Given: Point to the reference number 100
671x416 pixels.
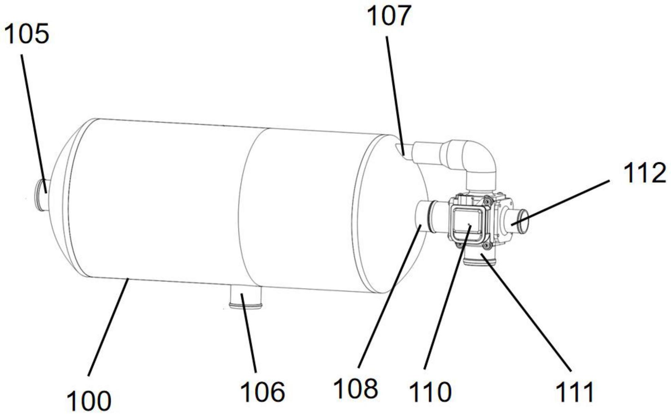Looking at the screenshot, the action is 89,401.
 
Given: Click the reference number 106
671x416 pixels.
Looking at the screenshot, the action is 263,392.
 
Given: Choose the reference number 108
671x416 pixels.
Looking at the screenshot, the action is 356,389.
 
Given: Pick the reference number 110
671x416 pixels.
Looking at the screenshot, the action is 430,392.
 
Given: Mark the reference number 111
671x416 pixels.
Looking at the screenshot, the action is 575,392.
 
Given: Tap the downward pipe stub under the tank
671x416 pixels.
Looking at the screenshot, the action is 245,297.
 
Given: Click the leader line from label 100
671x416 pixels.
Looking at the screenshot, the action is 109,328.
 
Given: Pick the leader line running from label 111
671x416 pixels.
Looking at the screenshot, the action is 527,316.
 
